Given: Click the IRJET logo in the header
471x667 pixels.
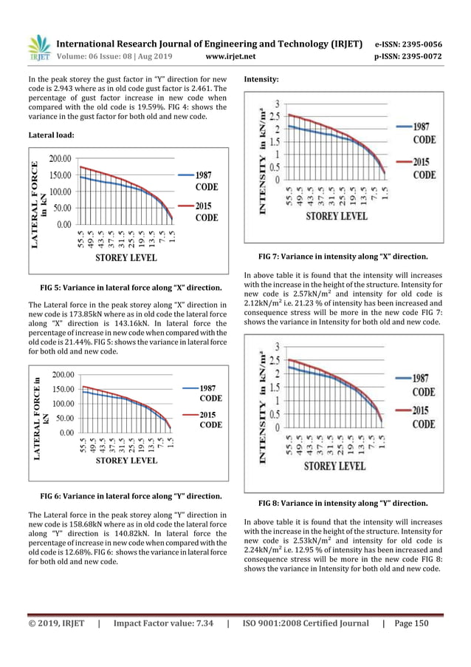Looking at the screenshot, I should tap(39, 47).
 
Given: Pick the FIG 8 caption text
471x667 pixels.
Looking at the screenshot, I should tap(343, 503).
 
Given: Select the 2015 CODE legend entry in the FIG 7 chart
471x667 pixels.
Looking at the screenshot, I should tap(424, 169).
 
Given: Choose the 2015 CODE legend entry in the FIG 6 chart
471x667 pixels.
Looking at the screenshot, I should tap(210, 420).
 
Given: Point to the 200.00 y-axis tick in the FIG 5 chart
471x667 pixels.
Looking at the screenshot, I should tap(60, 158).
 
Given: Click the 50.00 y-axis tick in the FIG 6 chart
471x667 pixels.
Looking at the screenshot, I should tap(62, 419).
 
